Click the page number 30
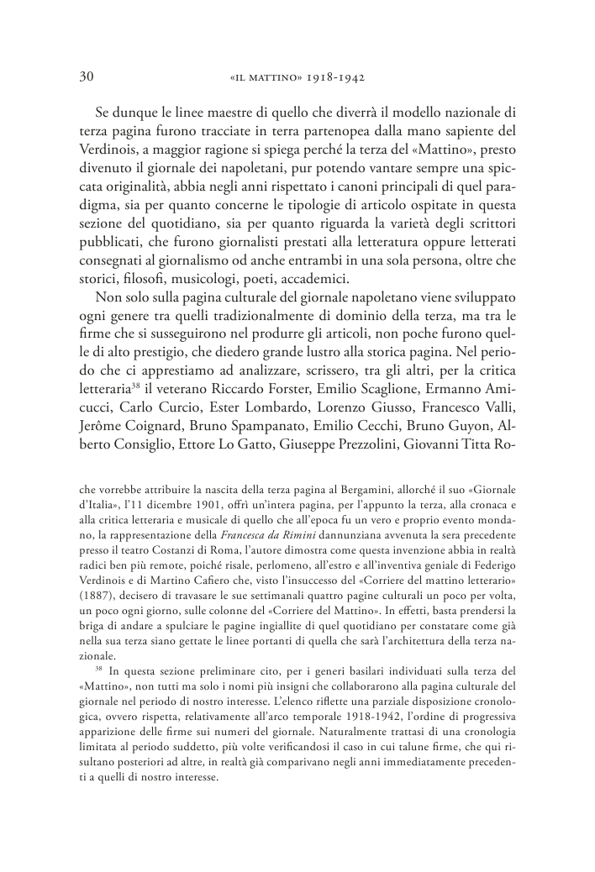(85, 77)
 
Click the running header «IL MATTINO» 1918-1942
(300, 78)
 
